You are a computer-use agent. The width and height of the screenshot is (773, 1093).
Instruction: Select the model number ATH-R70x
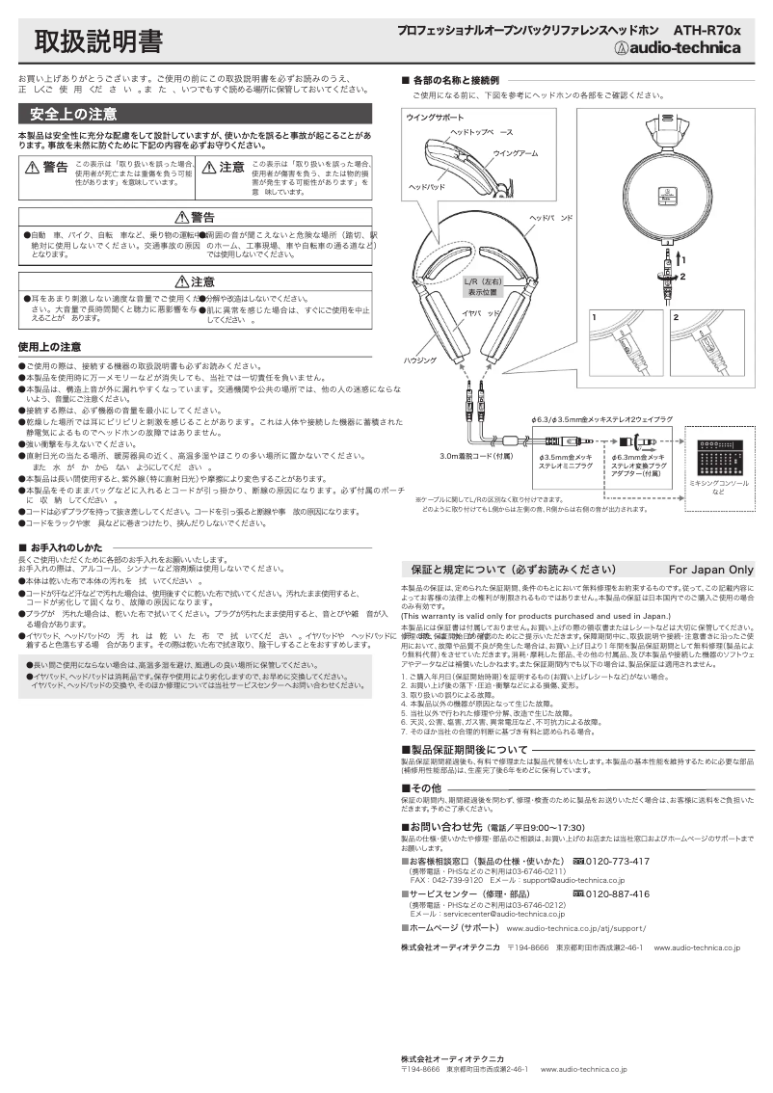(x=706, y=31)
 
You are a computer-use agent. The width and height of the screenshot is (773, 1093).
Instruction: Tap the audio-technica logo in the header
(x=679, y=50)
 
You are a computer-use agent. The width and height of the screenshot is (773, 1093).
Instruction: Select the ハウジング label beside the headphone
(x=419, y=359)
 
